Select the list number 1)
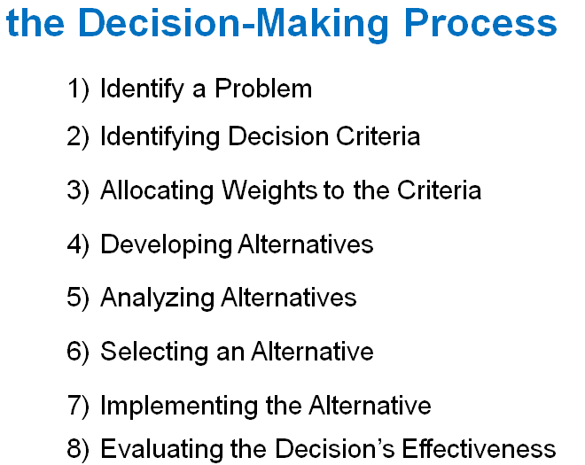78,89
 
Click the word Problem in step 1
268,89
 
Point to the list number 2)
78,137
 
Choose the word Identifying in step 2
160,137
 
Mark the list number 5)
78,298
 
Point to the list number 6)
78,352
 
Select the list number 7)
78,406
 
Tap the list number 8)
78,448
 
